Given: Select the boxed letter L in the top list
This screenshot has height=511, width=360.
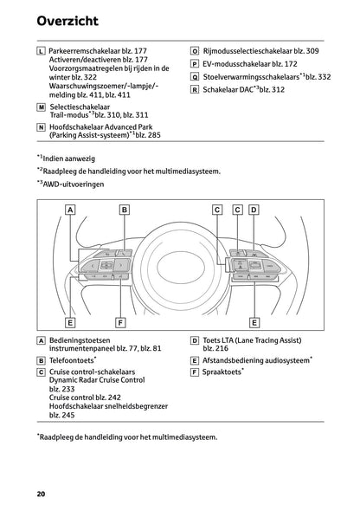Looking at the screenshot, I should click(x=42, y=52).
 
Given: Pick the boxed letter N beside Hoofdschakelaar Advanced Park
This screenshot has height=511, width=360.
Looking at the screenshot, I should click(x=42, y=126).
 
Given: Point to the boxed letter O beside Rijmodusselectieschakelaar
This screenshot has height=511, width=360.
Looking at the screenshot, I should click(x=194, y=52).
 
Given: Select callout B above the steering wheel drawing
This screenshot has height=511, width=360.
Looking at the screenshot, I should click(x=125, y=209).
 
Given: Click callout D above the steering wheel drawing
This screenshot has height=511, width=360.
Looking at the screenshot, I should click(x=254, y=209).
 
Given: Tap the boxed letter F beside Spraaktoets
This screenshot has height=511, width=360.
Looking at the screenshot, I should click(x=194, y=371).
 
